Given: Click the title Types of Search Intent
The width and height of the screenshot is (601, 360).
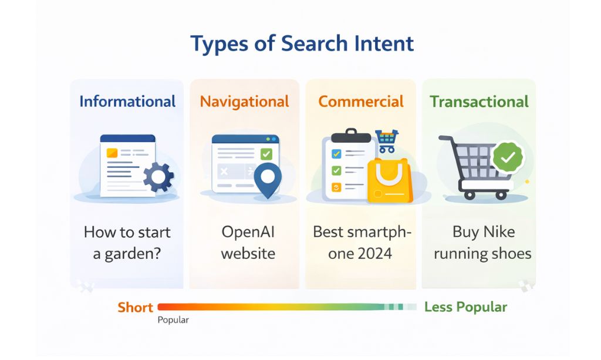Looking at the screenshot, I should (302, 44).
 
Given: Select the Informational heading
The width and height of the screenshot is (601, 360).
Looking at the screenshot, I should (127, 102).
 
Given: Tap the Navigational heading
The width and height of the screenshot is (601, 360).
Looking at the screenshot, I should (244, 102).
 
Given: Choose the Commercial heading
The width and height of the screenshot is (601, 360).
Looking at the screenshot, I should (361, 102).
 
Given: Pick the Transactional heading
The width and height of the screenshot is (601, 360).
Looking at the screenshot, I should (479, 102).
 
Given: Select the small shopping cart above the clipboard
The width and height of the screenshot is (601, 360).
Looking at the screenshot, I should (386, 140).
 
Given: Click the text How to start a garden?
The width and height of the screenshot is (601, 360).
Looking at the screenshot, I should (127, 243).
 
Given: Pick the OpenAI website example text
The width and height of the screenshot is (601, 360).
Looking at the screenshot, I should (248, 243).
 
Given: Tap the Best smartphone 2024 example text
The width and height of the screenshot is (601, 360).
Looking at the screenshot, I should (362, 243).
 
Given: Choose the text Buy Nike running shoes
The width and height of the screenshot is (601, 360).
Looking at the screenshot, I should (482, 243).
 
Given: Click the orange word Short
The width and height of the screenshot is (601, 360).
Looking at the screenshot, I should (135, 307).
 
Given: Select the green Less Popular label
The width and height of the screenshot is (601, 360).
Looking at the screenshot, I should (465, 307).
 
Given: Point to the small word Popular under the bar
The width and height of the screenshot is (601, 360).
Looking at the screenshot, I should (173, 321).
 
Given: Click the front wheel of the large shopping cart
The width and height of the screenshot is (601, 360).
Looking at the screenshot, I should (501, 194).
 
